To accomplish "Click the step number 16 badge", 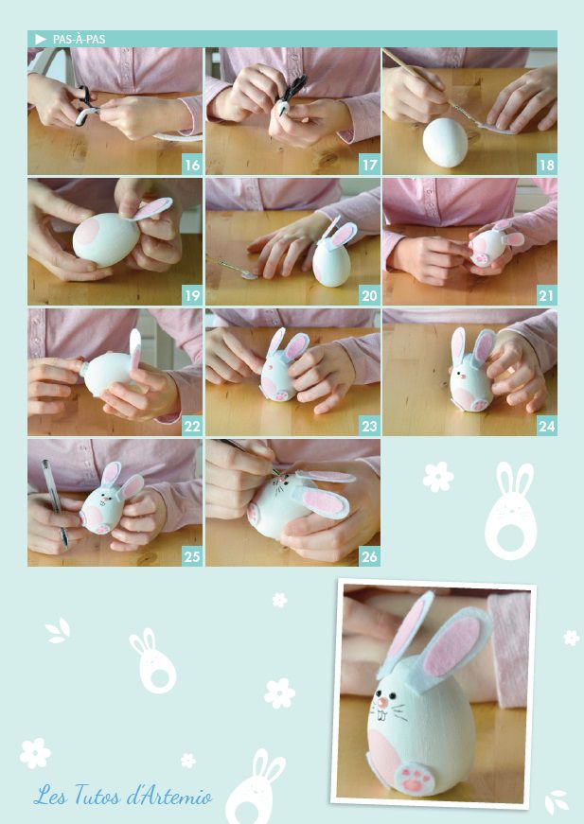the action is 192,165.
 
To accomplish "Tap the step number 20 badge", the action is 369,295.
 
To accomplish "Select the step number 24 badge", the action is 547,426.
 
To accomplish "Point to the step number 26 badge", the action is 369,556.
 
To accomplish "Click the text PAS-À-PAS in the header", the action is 79,40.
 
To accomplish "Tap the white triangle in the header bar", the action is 41,40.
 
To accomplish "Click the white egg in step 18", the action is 445,143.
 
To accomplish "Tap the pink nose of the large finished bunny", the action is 382,702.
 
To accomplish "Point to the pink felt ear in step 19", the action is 151,209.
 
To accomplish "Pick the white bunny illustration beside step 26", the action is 510,511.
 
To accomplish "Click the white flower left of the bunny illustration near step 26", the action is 438,477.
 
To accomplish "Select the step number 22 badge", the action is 192,426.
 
